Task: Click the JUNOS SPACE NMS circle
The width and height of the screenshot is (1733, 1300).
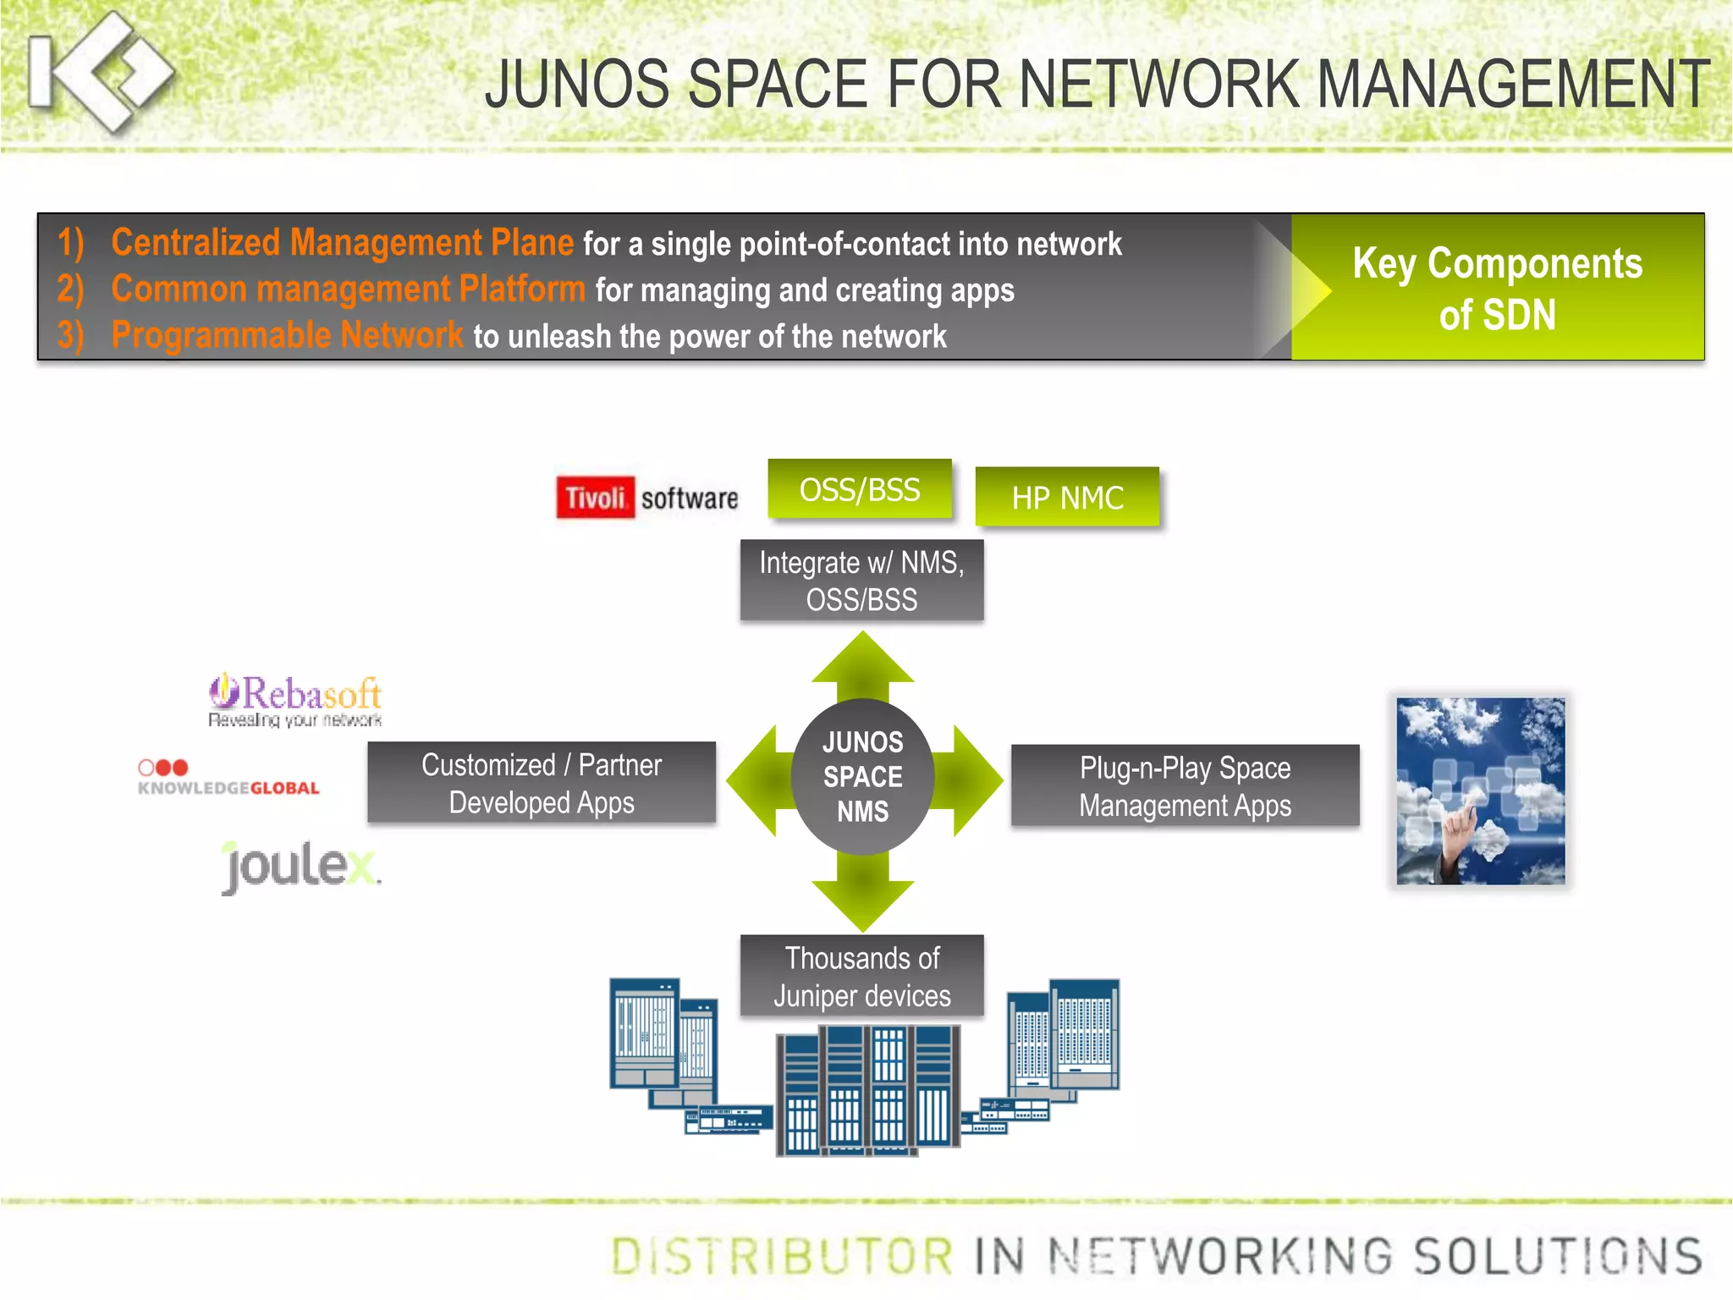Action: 862,776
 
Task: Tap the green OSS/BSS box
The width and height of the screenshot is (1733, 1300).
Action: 860,489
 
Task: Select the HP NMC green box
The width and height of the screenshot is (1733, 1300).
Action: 1067,498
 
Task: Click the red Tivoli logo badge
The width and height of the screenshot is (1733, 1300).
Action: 595,498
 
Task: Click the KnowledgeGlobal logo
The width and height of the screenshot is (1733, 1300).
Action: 228,778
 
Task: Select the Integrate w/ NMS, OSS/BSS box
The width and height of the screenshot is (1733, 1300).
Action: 861,581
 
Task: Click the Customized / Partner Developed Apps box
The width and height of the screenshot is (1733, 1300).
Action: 542,783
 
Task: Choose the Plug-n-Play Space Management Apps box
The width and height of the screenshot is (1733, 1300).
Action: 1185,785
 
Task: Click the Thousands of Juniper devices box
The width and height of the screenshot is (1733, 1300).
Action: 861,976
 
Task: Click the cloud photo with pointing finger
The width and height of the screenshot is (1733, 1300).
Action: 1480,790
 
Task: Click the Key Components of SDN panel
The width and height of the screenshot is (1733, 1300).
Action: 1497,288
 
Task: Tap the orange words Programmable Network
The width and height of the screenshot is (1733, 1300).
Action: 287,335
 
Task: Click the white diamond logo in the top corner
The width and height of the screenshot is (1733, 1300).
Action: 102,72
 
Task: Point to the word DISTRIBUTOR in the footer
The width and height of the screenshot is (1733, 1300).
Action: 782,1255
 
